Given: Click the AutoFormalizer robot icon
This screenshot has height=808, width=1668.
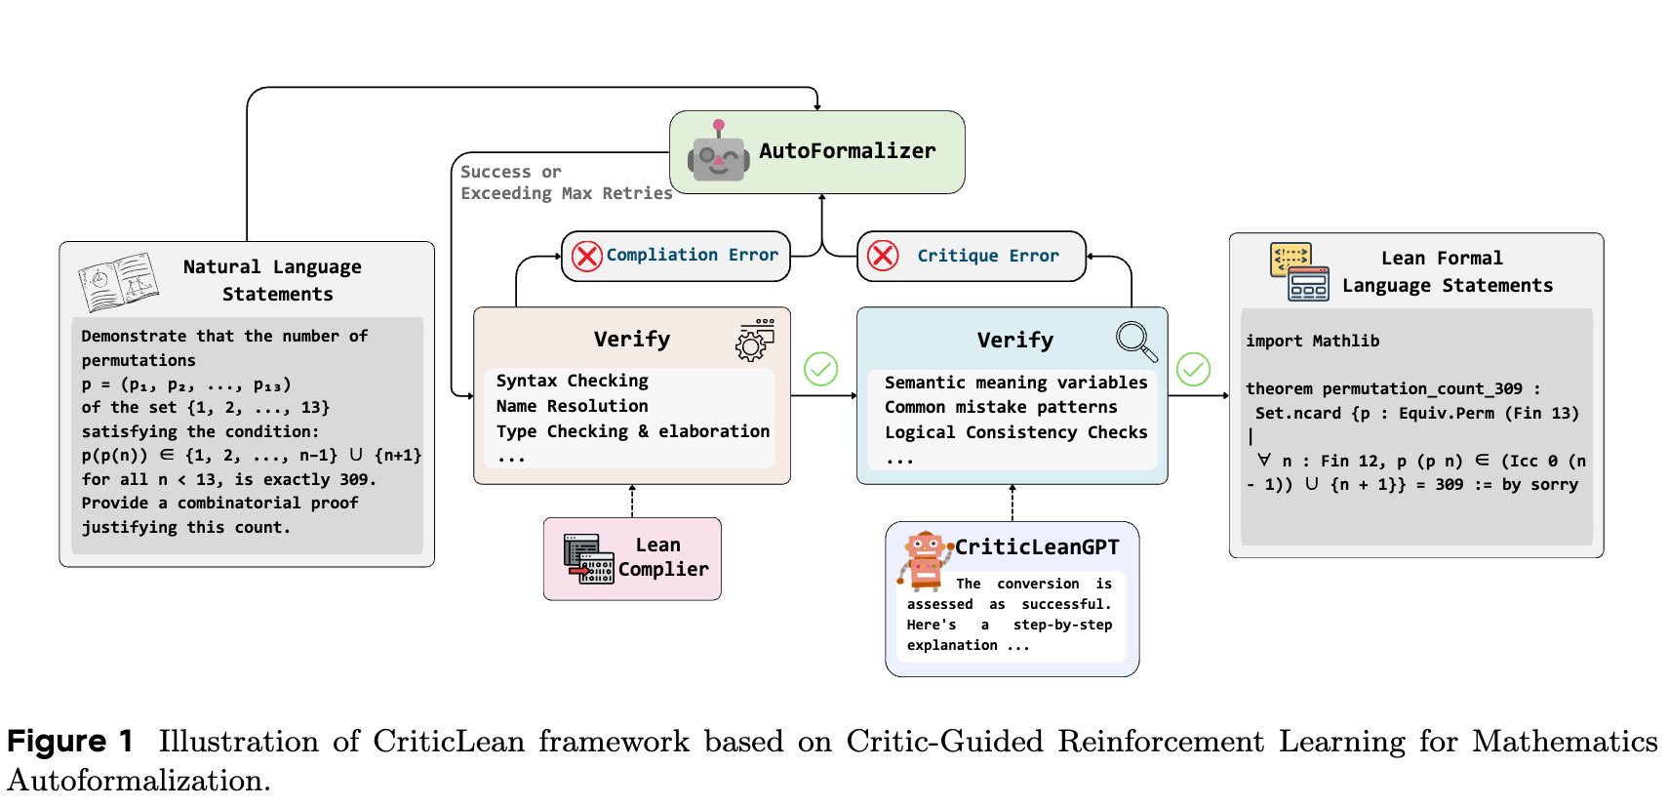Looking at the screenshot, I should [719, 153].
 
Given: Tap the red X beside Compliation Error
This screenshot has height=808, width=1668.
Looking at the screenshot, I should [587, 257].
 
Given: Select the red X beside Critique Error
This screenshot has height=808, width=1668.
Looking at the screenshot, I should [883, 256].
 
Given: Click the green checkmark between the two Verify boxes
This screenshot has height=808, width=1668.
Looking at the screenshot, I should [820, 369].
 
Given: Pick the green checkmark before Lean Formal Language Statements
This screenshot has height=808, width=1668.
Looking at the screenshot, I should [1193, 369].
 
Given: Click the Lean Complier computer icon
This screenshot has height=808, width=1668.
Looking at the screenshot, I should [588, 558].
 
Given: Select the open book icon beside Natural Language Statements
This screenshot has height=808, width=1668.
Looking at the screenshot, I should [119, 281].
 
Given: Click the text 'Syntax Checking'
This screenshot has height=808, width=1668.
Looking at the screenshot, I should [572, 381].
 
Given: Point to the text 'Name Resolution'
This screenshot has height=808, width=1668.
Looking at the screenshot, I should [572, 406].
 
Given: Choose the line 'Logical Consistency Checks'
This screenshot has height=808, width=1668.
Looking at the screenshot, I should [1015, 432].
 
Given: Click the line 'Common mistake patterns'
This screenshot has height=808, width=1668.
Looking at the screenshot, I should [1001, 407].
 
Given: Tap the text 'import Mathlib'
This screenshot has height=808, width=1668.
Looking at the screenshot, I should [1312, 341].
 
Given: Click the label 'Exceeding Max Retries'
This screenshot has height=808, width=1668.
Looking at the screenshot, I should [566, 193].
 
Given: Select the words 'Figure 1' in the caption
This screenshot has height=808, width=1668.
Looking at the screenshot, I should [69, 742].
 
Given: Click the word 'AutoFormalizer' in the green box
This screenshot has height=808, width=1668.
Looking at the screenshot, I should [847, 151].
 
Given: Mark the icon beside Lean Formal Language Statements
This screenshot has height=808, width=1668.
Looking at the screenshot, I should [1299, 271].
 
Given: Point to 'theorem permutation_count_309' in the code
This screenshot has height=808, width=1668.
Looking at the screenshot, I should [1383, 388].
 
